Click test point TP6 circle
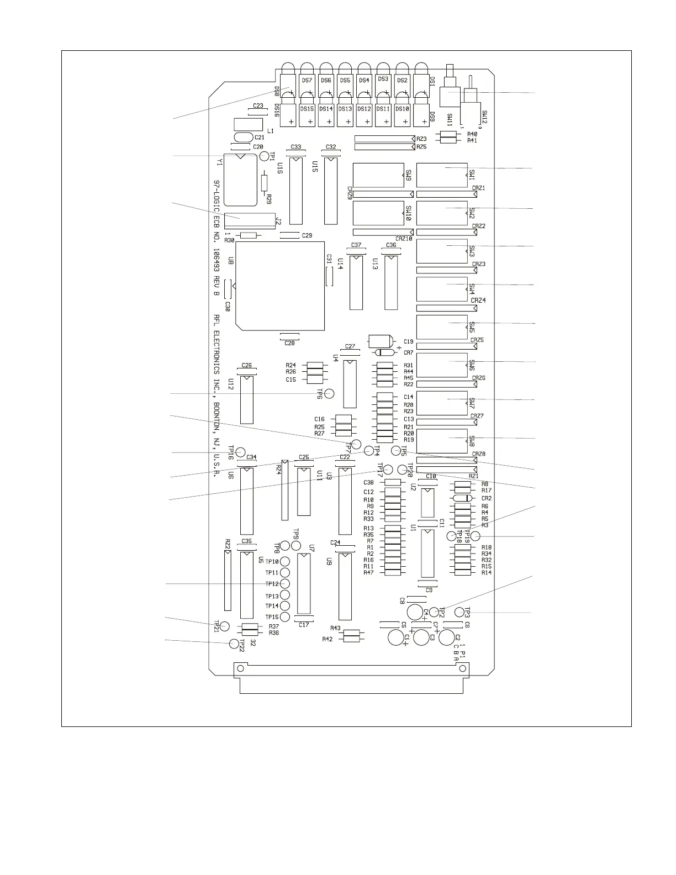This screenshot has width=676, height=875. pos(330,393)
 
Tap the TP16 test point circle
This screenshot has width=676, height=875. pos(241,452)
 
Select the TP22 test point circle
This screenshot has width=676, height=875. pos(234,644)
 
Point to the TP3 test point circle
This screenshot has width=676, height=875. pos(460,612)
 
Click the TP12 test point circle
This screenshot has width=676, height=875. pos(286,584)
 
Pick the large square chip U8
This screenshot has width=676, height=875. pos(279,286)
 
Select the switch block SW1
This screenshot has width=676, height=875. pos(442,175)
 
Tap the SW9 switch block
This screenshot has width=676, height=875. pos(378,175)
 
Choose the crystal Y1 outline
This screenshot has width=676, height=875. pos(241,180)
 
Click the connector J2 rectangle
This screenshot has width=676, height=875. pos(250,221)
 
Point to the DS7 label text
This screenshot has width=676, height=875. pos(308,81)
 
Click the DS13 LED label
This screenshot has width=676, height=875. pos(345,109)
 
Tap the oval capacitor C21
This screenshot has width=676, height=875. pos(244,137)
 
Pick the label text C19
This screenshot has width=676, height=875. pos(409,342)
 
